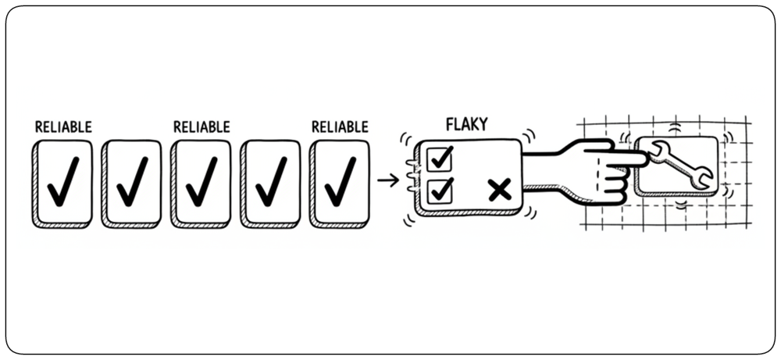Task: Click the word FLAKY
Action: [x=467, y=123]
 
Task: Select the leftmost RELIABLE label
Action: [x=63, y=127]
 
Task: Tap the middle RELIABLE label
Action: [x=201, y=127]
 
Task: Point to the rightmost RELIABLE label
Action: [x=341, y=127]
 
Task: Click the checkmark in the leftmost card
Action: [x=63, y=181]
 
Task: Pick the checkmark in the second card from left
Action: [x=133, y=181]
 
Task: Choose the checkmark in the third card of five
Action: [x=201, y=181]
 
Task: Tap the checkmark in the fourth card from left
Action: [x=271, y=181]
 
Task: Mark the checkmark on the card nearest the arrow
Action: [x=341, y=181]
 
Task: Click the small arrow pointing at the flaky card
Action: [x=388, y=180]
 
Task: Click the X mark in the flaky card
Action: [x=500, y=191]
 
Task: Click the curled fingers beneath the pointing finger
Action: [x=612, y=185]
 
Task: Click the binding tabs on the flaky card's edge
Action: [x=411, y=175]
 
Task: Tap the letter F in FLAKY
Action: [x=451, y=124]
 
